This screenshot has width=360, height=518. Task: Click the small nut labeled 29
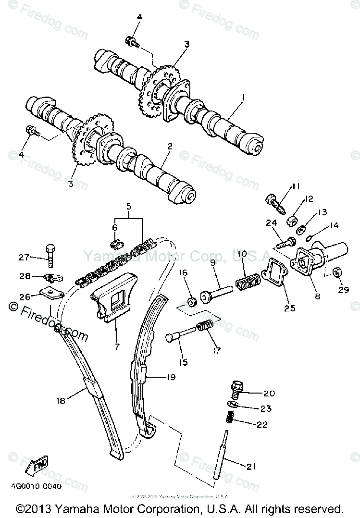click(x=338, y=273)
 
